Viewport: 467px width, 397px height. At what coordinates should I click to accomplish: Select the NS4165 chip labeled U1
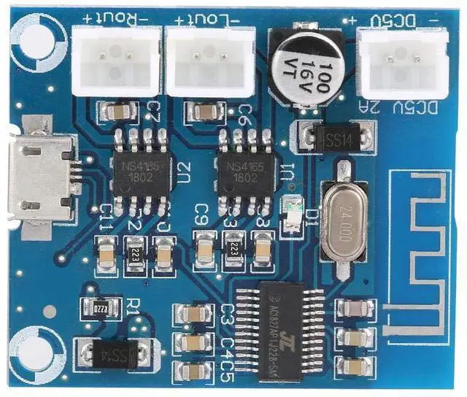pos(244,172)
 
